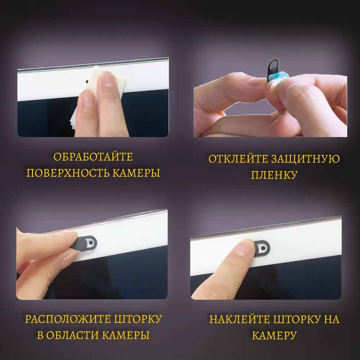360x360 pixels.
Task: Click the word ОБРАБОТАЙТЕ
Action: point(93,157)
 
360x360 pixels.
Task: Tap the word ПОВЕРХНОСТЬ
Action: point(68,173)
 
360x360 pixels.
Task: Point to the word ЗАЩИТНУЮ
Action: point(305,159)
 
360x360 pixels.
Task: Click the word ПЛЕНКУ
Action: point(274,175)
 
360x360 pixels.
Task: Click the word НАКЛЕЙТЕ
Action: point(240,320)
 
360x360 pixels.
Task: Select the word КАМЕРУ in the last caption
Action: point(274,336)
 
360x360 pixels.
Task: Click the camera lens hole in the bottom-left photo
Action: point(91,242)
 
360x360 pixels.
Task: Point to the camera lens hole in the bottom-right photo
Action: point(263,248)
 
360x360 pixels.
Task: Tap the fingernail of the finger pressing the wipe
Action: point(107,79)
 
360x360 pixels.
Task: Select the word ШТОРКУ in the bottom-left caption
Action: point(138,319)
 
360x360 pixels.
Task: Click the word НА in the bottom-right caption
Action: point(332,320)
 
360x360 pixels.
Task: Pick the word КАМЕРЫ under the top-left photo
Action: point(136,173)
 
